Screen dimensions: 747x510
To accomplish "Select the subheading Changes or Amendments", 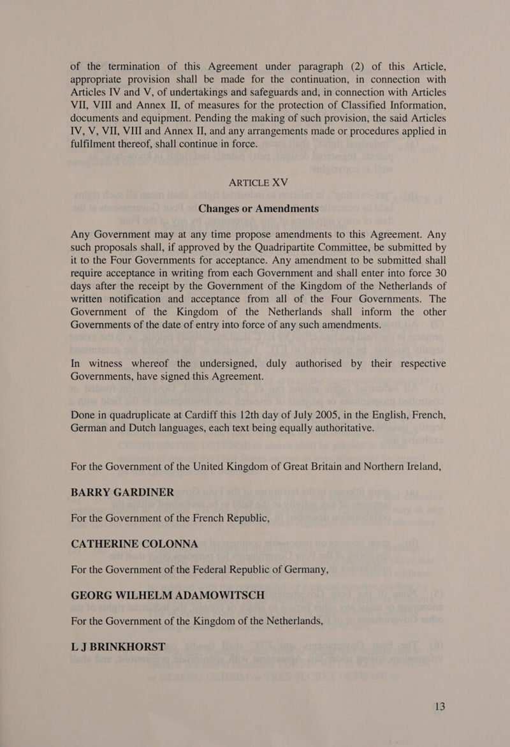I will pos(255,209).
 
